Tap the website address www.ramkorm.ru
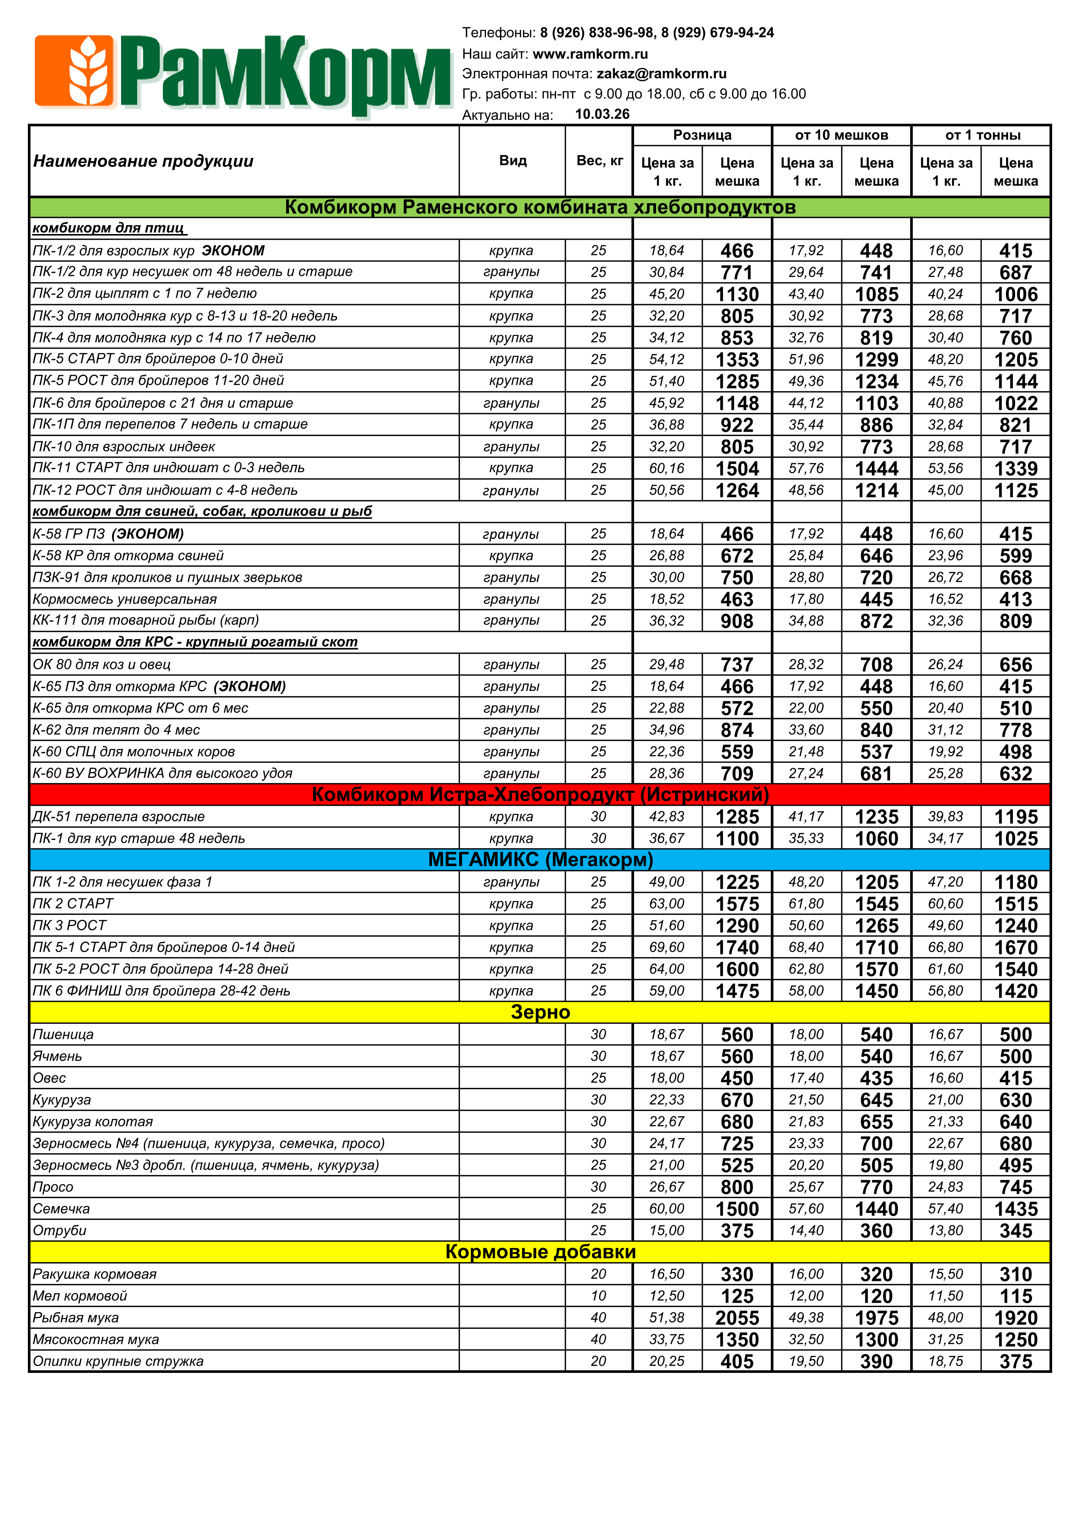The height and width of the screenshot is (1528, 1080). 590,54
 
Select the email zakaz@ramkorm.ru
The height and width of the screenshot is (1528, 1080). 661,74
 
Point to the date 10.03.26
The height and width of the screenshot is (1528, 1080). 602,115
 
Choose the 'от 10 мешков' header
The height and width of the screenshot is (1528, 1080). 841,135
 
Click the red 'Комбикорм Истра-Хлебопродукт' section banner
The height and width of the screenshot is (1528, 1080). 540,795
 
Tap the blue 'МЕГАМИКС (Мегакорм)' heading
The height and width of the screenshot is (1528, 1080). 540,860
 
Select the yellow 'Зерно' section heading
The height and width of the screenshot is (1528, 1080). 540,1012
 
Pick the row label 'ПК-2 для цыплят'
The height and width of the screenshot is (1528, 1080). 144,294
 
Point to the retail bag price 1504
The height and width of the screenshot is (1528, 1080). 737,468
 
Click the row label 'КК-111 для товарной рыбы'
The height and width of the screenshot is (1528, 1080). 145,620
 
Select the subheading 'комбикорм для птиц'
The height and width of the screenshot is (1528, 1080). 109,228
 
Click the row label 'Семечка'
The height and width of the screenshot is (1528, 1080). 61,1209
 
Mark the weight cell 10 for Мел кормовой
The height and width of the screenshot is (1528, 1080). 598,1296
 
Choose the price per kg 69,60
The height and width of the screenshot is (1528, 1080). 667,947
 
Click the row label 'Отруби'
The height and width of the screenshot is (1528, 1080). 60,1230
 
